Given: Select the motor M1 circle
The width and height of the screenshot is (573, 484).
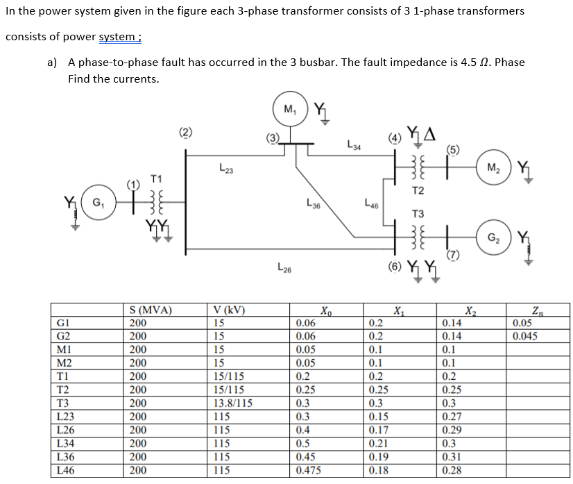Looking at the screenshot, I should coord(289,109).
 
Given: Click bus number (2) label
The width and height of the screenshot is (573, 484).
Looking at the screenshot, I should coord(185,132).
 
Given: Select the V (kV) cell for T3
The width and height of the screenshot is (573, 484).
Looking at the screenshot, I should coord(233,402).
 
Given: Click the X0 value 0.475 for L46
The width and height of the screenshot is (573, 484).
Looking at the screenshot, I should coord(309,470).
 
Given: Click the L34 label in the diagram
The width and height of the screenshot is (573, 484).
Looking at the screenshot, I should coord(354,145).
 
